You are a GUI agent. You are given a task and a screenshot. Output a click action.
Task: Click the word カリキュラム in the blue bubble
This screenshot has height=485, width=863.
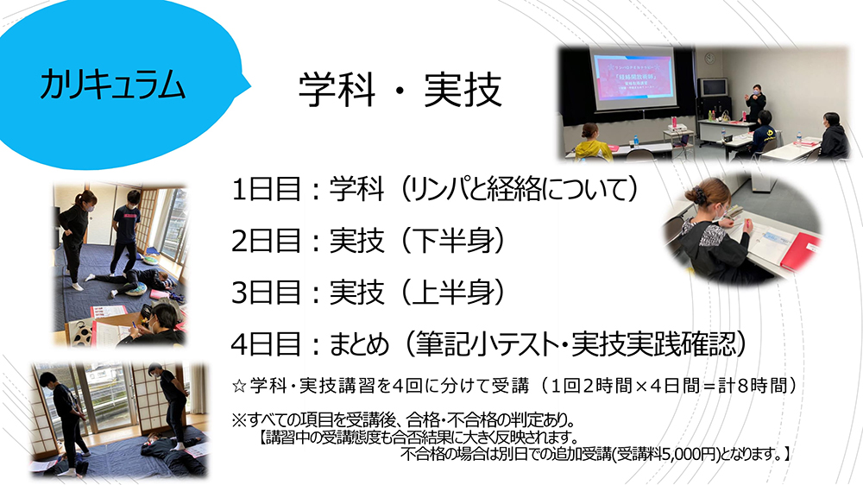(112, 85)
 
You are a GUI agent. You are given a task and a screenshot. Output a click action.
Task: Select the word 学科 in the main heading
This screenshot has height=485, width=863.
(337, 90)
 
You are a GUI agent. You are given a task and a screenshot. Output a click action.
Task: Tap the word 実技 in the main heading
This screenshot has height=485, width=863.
(463, 90)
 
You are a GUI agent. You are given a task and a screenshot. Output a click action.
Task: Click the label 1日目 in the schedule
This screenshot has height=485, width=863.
(266, 189)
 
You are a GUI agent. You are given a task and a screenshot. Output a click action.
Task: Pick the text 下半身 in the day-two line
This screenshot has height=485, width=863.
(452, 241)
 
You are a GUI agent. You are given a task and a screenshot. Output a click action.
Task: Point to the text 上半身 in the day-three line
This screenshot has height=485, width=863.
(452, 292)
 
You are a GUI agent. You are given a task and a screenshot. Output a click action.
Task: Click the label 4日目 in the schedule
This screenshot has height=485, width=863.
(266, 344)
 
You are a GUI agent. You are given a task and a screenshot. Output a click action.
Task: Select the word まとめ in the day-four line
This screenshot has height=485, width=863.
(359, 344)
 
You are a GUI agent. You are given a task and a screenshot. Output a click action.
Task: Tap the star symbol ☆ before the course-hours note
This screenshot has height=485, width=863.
(239, 386)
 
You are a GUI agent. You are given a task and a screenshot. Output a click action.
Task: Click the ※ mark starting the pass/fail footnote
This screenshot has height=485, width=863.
(238, 420)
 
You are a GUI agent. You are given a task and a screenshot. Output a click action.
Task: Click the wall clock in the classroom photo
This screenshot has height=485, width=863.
(709, 58)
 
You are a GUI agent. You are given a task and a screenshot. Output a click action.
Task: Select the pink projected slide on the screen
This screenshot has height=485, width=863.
(633, 79)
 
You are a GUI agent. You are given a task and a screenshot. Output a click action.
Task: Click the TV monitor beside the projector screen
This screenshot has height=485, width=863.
(713, 88)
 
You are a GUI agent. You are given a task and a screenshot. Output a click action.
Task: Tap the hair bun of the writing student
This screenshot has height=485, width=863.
(695, 194)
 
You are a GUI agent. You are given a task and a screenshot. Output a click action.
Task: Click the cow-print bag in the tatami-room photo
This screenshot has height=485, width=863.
(82, 331)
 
